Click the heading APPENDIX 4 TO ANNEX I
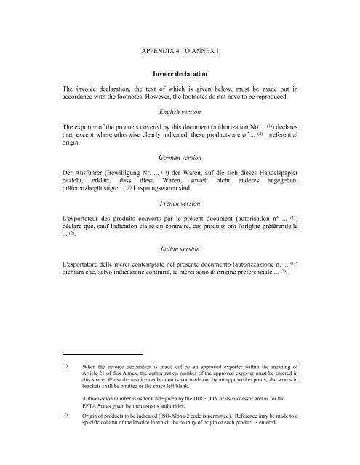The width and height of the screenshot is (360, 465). point(180,52)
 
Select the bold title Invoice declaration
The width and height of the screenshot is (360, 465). point(180,73)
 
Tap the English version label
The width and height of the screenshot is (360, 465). point(180,114)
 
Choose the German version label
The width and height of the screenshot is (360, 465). point(180,155)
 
